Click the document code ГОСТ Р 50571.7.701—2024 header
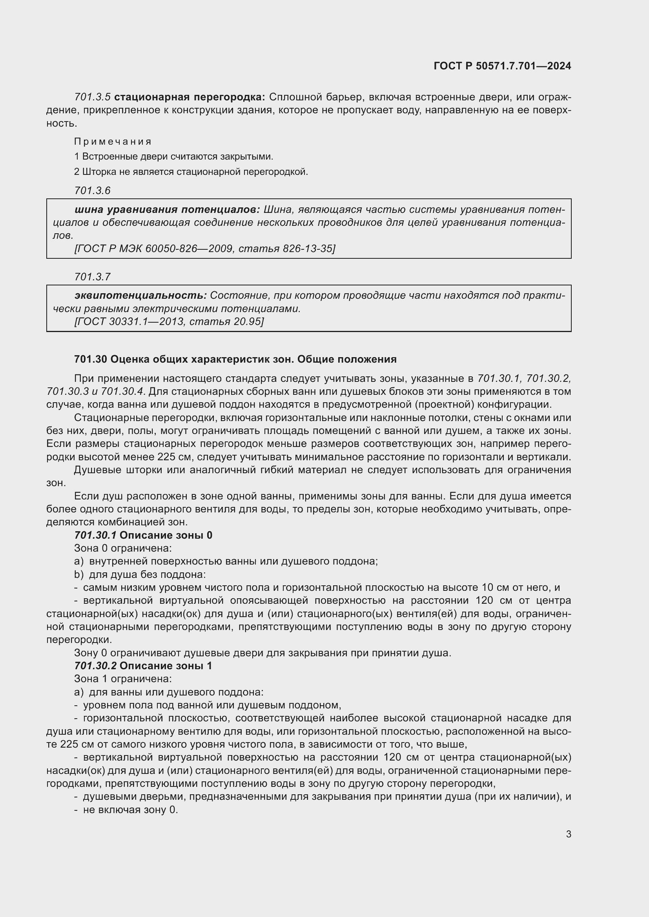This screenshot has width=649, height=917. pos(502,66)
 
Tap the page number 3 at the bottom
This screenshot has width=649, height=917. pos(568,834)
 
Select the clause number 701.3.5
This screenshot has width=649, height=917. pos(92,97)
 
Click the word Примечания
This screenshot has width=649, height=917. pos(113,142)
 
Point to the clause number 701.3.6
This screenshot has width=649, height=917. pos(92,191)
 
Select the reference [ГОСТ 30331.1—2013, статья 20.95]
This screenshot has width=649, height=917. pos(169,321)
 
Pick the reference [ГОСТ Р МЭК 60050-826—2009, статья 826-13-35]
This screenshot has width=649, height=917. pos(204,249)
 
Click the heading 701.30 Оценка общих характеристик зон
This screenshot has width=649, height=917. pos(235,359)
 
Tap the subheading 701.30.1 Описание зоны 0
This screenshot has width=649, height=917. pos(143,535)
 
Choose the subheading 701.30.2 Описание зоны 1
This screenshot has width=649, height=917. pos(143,665)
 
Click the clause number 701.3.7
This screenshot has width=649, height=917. pos(92,276)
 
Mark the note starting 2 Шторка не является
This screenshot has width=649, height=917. pos(191,172)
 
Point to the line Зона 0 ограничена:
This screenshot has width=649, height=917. pos(123,548)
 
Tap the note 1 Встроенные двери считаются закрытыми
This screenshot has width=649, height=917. pos(173,156)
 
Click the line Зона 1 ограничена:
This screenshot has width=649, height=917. pos(123,679)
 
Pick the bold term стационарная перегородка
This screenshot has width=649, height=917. pos(190,97)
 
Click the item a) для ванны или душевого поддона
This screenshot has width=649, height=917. pos(169,692)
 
